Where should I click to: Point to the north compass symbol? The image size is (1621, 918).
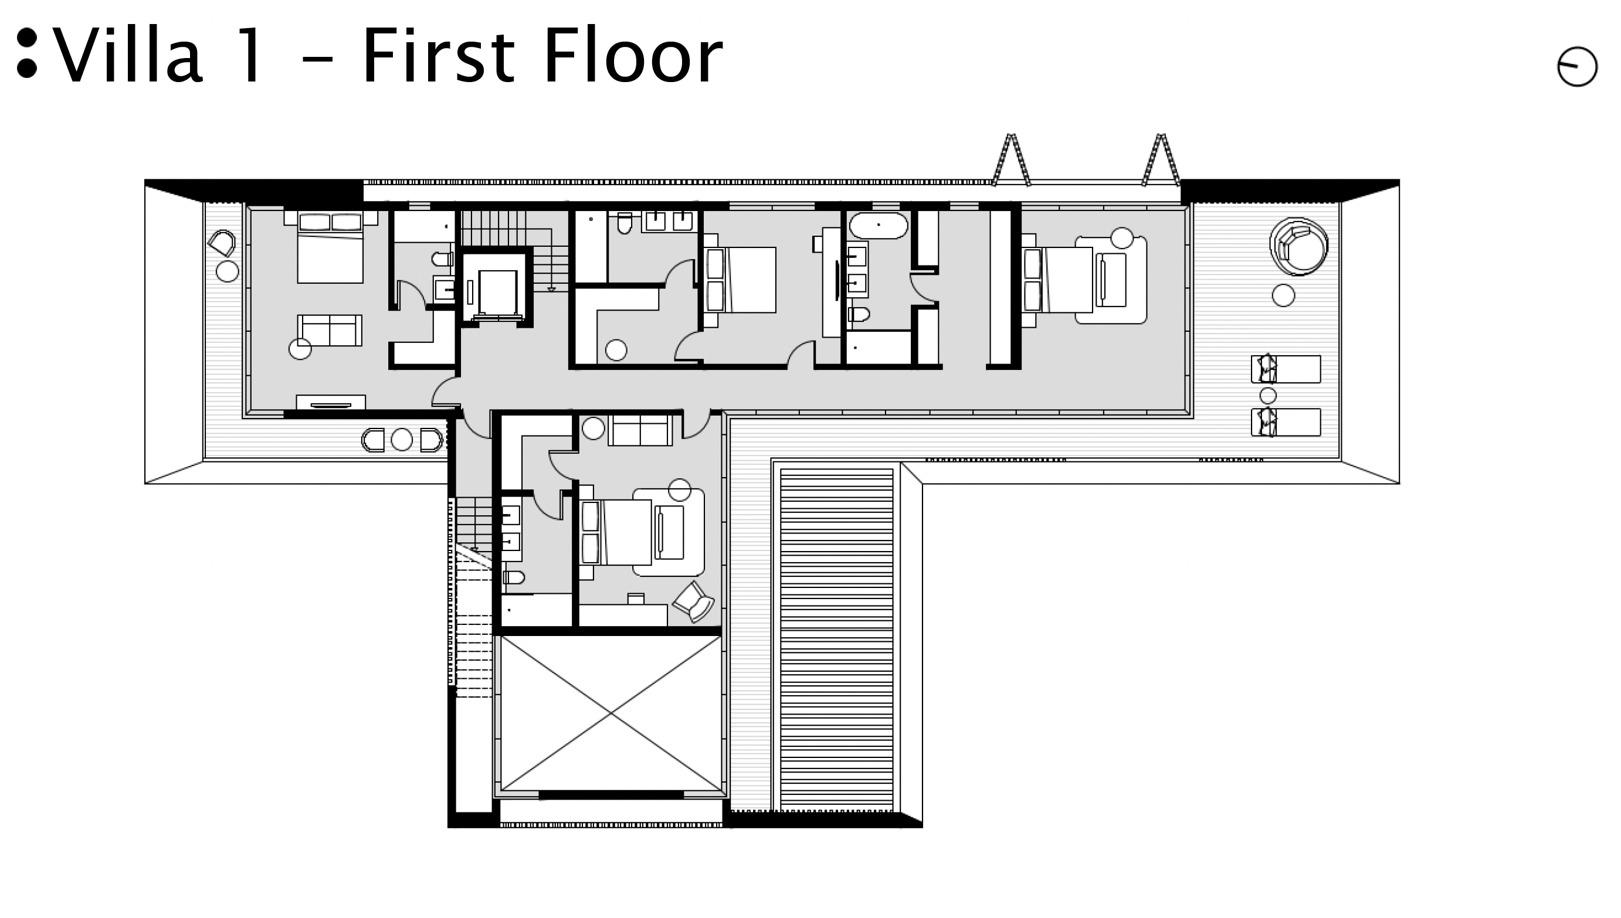click(1577, 66)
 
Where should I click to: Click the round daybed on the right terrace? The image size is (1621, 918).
click(1298, 247)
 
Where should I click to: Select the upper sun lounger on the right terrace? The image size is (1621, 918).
click(1286, 369)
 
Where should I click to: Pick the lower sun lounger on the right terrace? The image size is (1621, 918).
click(1286, 422)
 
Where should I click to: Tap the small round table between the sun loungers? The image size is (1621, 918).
click(1268, 396)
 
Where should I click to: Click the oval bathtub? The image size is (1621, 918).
click(879, 225)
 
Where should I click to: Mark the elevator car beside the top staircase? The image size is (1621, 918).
click(497, 293)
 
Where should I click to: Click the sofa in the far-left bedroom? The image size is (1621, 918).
click(329, 331)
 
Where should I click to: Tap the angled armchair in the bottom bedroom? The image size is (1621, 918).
click(694, 601)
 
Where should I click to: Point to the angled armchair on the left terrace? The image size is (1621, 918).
click(222, 243)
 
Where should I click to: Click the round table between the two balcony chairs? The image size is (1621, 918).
click(402, 440)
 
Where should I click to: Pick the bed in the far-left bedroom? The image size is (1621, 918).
click(330, 247)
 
